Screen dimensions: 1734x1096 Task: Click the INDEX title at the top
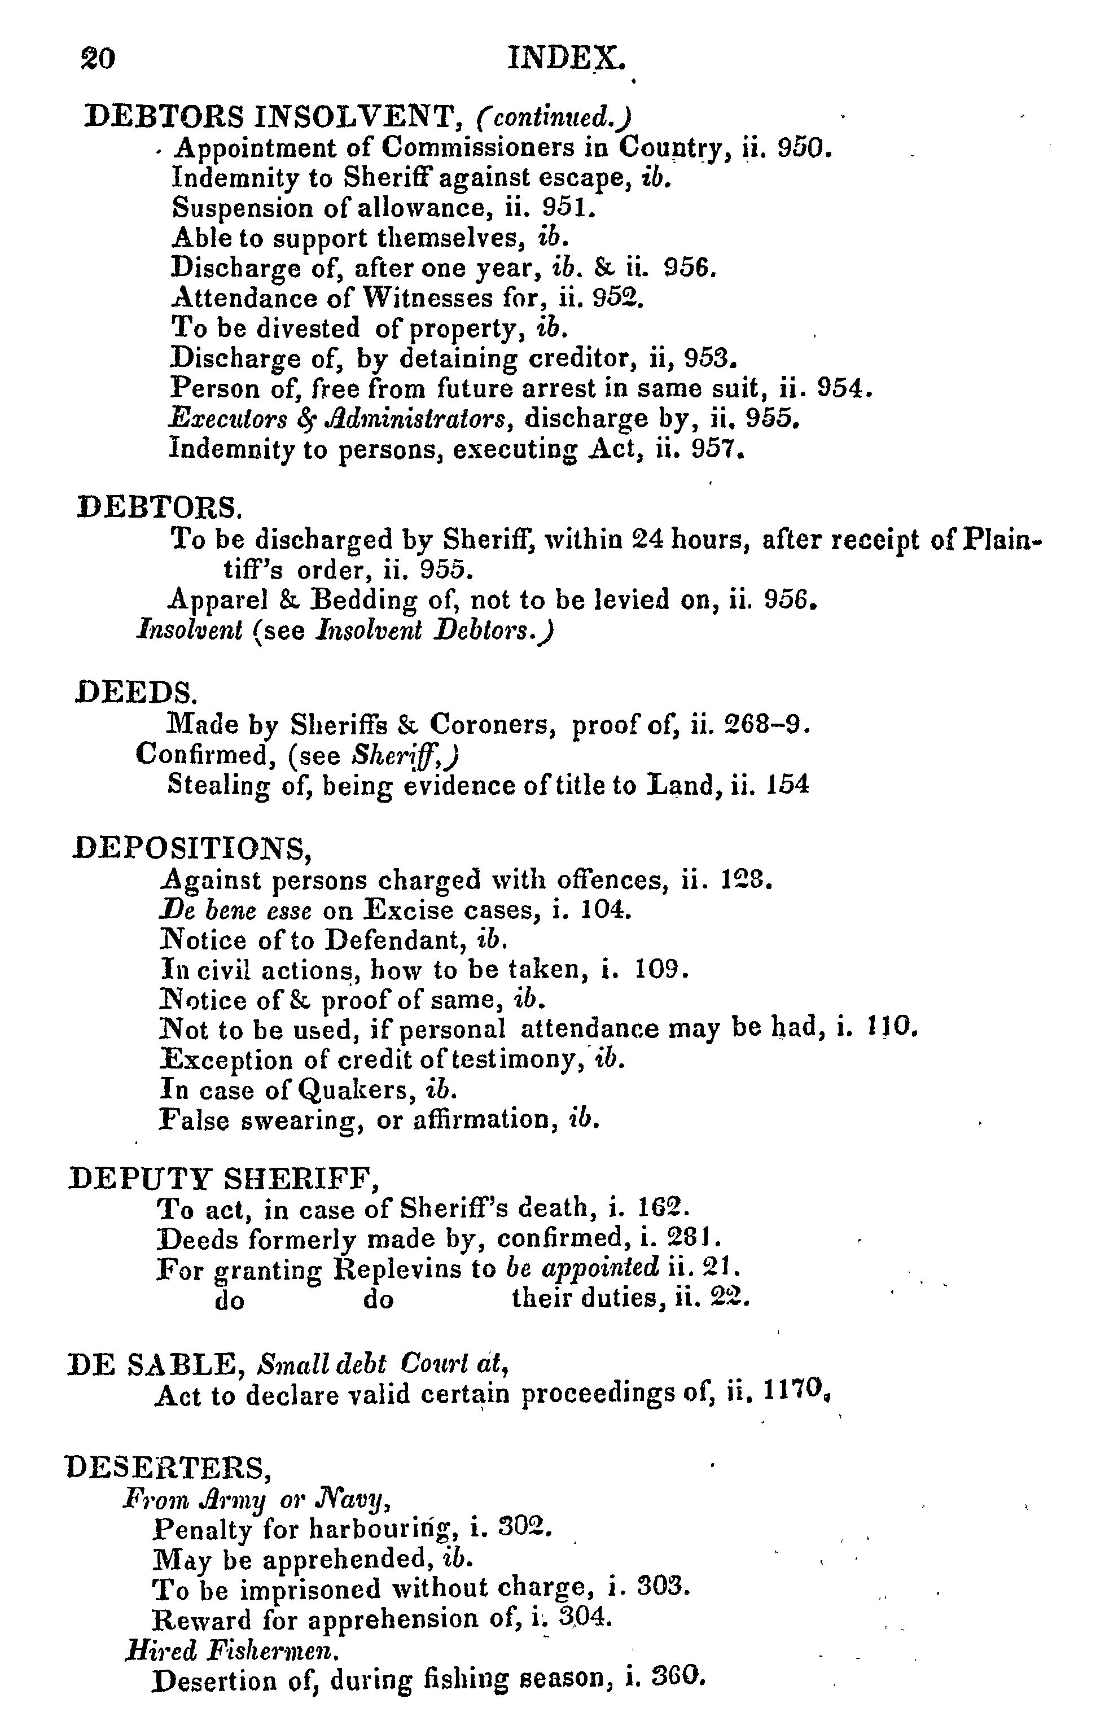[x=566, y=58]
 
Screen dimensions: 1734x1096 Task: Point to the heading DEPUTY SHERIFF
[x=223, y=1177]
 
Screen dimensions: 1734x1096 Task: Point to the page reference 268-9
[x=765, y=724]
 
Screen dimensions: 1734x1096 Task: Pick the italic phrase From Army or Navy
[x=256, y=1498]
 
